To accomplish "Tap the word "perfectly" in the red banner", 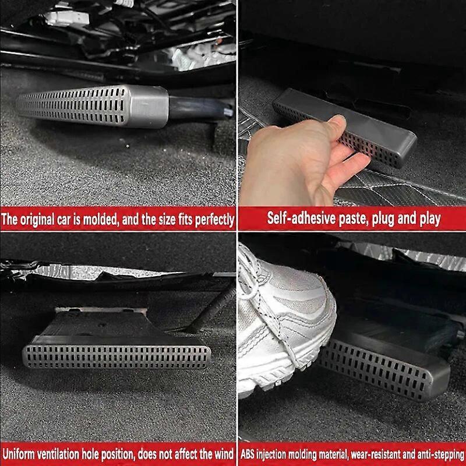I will tap(212, 220).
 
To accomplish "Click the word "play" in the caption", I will tap(428, 220).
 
